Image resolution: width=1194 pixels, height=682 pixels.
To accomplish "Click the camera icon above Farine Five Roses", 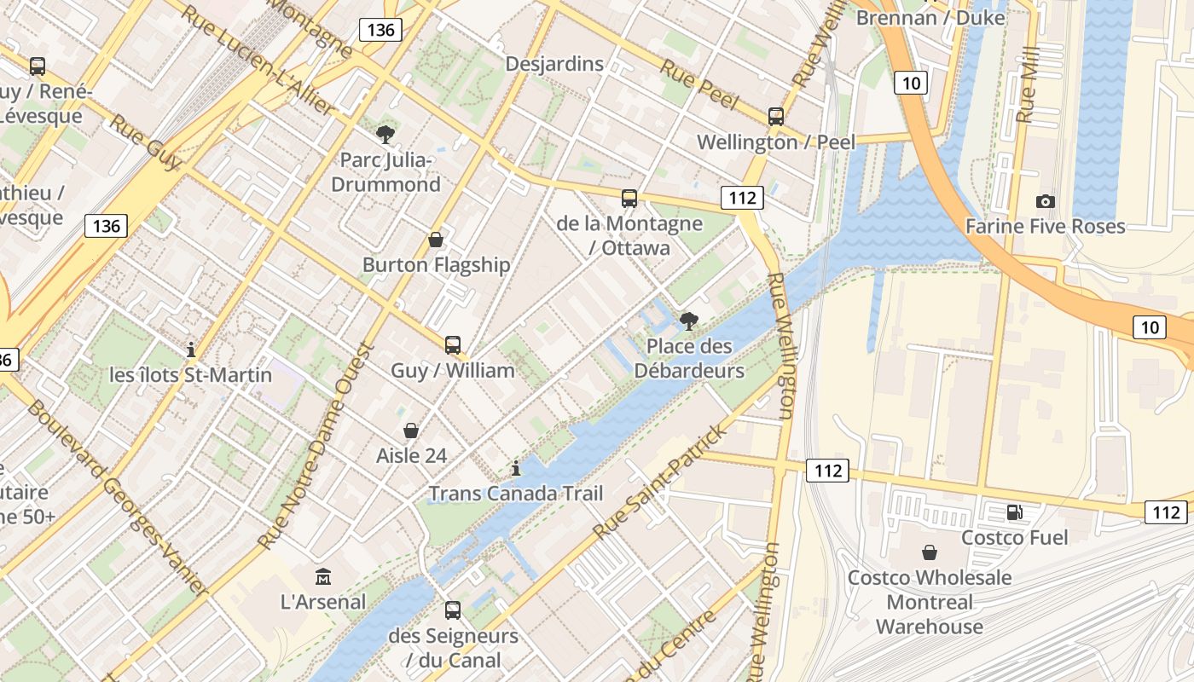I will click(1045, 201).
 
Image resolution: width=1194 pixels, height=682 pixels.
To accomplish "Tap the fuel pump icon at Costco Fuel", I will click(1014, 512).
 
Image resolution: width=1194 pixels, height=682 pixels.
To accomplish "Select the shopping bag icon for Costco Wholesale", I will click(930, 552).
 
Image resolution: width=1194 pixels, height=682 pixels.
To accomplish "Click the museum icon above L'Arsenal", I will click(323, 576).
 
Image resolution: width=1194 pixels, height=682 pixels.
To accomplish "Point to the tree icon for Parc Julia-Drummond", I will click(385, 134).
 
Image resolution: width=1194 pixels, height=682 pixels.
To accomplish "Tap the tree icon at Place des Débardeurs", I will click(689, 321).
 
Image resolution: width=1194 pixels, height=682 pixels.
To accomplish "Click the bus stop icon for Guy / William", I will click(453, 345).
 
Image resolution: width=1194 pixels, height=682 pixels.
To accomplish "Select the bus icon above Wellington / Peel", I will click(775, 117).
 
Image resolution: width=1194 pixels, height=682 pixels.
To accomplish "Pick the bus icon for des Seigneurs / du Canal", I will click(453, 610).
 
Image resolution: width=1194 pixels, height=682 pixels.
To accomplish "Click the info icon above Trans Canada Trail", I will click(515, 468).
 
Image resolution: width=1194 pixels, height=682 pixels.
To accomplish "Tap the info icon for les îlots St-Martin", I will click(191, 350).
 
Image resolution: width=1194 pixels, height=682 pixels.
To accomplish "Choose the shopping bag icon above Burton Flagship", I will click(436, 240).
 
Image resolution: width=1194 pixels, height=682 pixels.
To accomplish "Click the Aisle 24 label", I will click(411, 455).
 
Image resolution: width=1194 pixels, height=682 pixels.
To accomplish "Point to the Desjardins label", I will click(554, 64).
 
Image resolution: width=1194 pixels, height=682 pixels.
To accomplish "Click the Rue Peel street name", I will click(699, 87).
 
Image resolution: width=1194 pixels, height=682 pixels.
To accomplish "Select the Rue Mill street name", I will click(1029, 84).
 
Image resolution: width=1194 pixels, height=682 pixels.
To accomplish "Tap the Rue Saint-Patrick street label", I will click(662, 481).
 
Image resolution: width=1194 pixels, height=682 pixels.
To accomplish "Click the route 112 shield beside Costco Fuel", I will click(1165, 511).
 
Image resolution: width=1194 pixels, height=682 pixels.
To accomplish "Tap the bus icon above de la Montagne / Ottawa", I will click(629, 199).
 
